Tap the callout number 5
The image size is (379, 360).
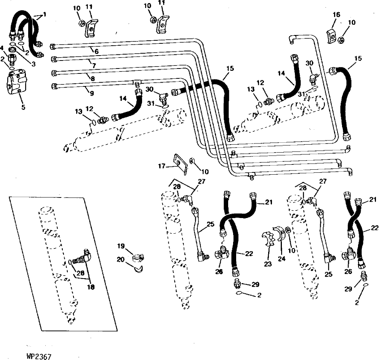[x=23, y=107]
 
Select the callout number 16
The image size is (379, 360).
[x=336, y=14]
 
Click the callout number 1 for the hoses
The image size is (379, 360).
[x=45, y=14]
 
